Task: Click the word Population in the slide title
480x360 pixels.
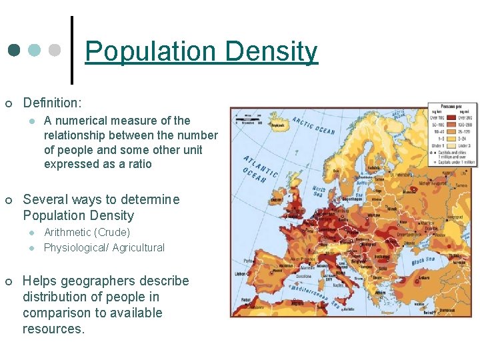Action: tap(151, 52)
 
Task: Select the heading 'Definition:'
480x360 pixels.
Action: tap(53, 103)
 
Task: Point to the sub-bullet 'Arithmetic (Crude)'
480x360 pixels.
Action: tap(87, 233)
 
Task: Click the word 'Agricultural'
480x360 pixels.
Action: tap(139, 248)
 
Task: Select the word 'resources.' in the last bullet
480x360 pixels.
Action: tap(54, 329)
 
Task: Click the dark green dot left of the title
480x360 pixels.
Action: tap(15, 51)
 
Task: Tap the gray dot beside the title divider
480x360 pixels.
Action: tap(55, 51)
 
